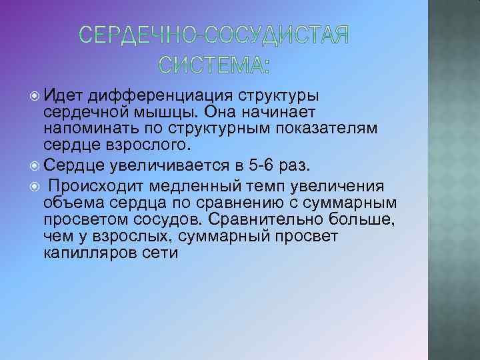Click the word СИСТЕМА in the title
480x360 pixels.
click(215, 65)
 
